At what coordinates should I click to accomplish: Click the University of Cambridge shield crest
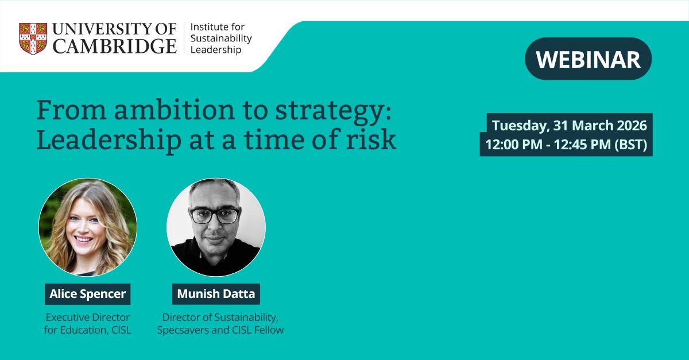[33, 39]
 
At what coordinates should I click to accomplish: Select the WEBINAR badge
[588, 59]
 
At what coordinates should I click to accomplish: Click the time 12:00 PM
[513, 145]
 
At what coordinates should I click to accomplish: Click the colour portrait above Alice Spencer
[87, 227]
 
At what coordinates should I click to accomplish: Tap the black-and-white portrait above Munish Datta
[216, 227]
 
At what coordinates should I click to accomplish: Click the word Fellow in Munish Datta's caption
[269, 330]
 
